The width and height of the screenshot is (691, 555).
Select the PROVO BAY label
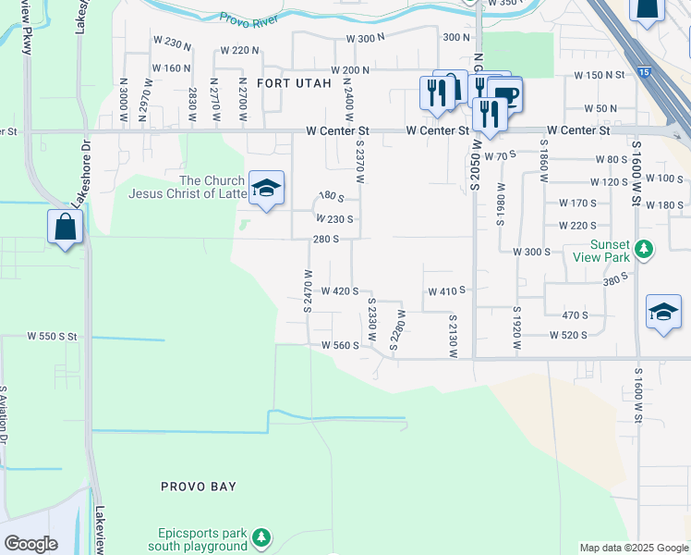pos(199,486)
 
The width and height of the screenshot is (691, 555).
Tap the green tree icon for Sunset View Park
pos(645,249)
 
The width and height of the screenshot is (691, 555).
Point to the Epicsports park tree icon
pos(262,536)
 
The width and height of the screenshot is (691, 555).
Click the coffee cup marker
pos(504,93)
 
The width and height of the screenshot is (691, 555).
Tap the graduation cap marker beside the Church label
pos(267,189)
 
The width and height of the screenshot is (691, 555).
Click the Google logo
pos(31,544)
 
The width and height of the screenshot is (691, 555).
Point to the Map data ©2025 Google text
pos(633,548)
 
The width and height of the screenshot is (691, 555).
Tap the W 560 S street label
pos(339,345)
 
